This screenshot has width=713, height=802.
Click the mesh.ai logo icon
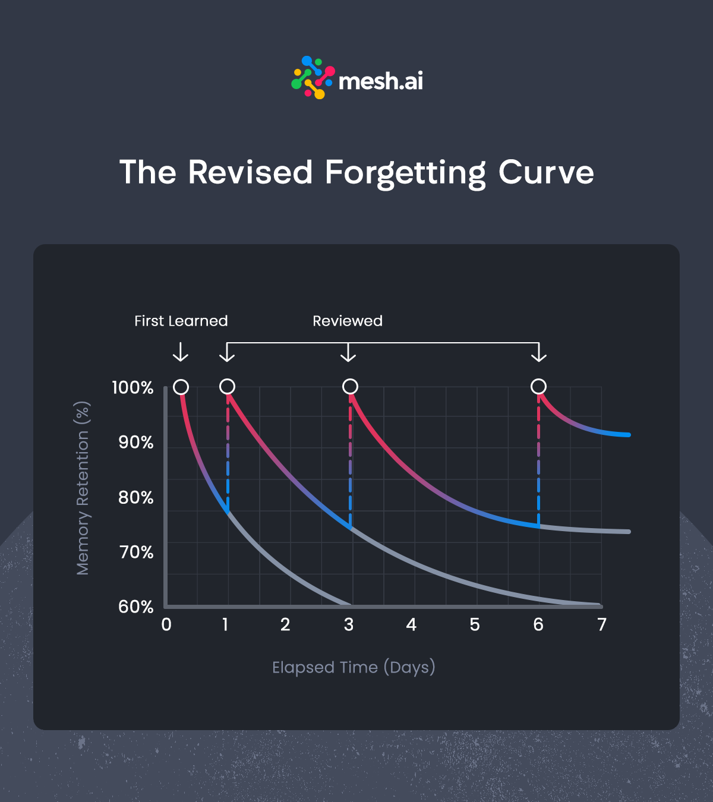click(313, 78)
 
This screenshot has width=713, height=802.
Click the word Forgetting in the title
click(406, 173)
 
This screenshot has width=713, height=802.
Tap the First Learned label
click(181, 321)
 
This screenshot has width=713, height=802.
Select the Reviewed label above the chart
click(348, 321)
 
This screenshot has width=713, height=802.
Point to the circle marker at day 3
click(351, 387)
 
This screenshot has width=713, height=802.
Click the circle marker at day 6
click(538, 387)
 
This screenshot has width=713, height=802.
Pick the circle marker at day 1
click(227, 387)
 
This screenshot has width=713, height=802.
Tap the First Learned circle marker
click(181, 387)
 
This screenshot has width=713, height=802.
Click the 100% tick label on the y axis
click(132, 388)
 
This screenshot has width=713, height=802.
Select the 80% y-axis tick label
click(135, 497)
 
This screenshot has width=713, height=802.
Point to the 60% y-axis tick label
click(135, 607)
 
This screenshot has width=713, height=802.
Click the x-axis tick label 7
click(602, 624)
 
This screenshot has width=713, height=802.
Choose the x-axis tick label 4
click(411, 624)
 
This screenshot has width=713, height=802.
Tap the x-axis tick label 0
click(166, 624)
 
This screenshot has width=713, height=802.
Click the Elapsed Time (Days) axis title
click(354, 667)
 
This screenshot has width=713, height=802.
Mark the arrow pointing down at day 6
click(538, 353)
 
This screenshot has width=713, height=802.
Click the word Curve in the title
click(546, 173)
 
